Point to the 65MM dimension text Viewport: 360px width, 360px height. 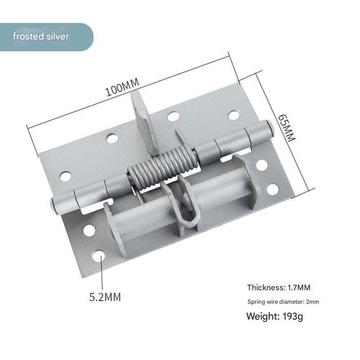tap(285, 129)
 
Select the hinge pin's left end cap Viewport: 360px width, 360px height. tap(55, 207)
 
